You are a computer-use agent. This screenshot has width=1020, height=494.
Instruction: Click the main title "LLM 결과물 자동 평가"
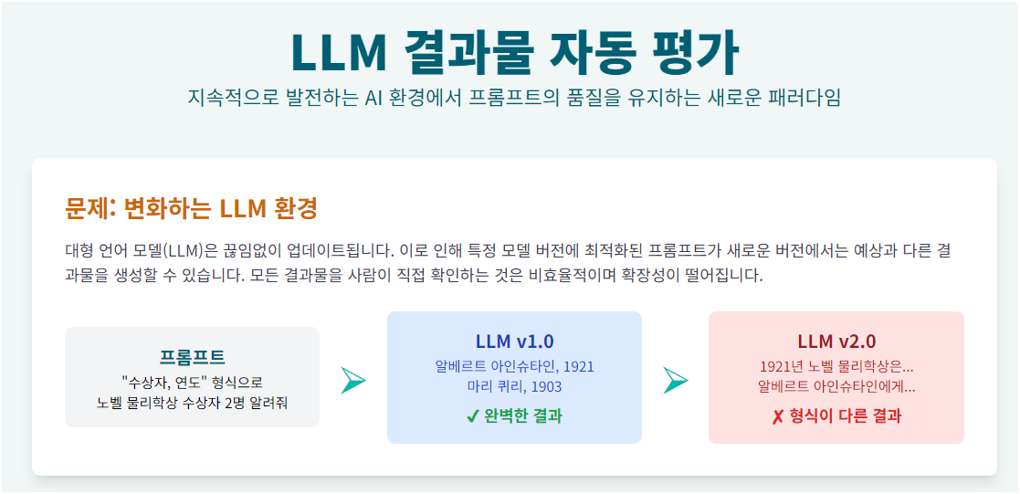(514, 52)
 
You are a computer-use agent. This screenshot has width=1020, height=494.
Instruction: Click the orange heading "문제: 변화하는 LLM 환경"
(191, 208)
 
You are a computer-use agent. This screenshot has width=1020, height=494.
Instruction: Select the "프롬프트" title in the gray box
(192, 357)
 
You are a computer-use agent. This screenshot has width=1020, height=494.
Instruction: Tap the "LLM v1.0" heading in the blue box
(514, 342)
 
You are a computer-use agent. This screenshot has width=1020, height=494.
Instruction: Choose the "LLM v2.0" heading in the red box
(836, 342)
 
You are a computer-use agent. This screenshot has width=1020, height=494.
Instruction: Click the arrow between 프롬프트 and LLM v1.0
(352, 381)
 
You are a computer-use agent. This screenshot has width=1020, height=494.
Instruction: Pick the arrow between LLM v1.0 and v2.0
(675, 381)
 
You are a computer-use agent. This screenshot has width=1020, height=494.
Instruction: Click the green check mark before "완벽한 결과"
(472, 416)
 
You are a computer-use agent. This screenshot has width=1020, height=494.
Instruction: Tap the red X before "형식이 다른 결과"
(777, 416)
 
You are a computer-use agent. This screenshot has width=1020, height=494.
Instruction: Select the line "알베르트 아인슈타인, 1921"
(514, 366)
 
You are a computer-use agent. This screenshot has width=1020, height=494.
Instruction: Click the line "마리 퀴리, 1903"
(514, 386)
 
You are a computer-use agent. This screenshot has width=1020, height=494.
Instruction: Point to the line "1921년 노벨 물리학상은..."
(836, 366)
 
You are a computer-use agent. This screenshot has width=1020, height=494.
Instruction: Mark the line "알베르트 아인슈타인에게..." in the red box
(836, 386)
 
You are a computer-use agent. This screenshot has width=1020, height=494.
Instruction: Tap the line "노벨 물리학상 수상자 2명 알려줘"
(192, 402)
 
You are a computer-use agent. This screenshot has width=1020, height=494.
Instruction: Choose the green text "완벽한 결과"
(522, 416)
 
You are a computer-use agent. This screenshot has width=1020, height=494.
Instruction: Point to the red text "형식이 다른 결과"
(844, 416)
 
